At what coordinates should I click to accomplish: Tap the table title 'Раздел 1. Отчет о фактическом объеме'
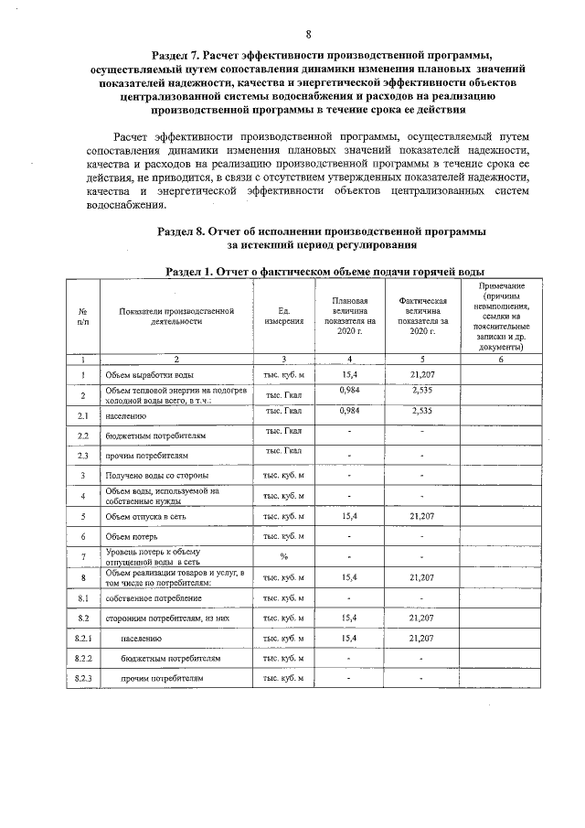click(324, 272)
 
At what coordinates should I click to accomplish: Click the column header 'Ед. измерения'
click(283, 317)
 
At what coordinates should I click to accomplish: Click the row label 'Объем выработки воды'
click(149, 375)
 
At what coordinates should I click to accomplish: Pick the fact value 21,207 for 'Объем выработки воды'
click(421, 375)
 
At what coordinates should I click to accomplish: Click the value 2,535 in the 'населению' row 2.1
click(421, 411)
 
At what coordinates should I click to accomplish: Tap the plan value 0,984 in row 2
click(348, 391)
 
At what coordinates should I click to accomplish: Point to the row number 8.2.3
click(83, 679)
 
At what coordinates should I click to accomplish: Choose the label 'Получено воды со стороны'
click(159, 475)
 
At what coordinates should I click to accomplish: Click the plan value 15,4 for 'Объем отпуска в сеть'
click(348, 516)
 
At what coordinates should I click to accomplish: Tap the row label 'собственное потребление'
click(154, 598)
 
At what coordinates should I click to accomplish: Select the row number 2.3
click(83, 455)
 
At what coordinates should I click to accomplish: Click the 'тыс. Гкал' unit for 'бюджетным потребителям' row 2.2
click(283, 431)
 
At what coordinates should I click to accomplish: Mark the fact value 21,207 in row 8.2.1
click(421, 638)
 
